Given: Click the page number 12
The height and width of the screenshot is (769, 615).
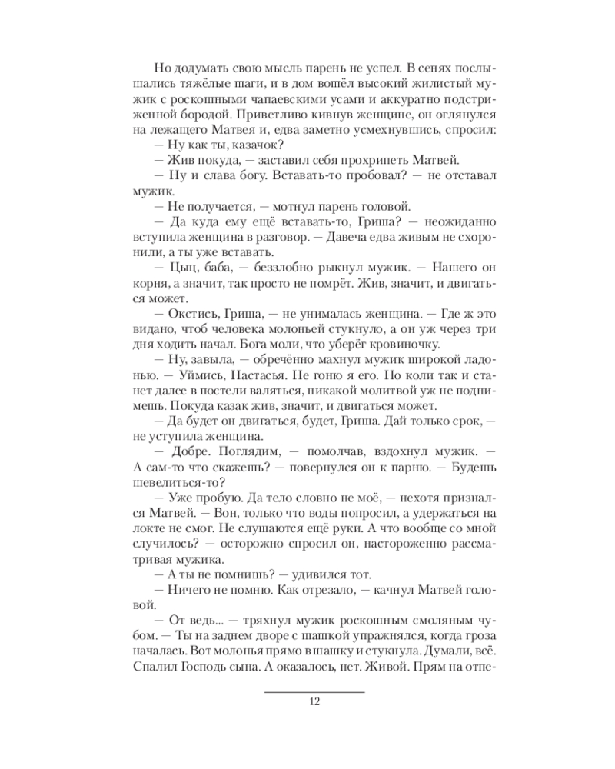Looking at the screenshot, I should [313, 701].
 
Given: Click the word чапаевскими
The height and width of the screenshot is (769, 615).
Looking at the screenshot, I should [281, 95].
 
